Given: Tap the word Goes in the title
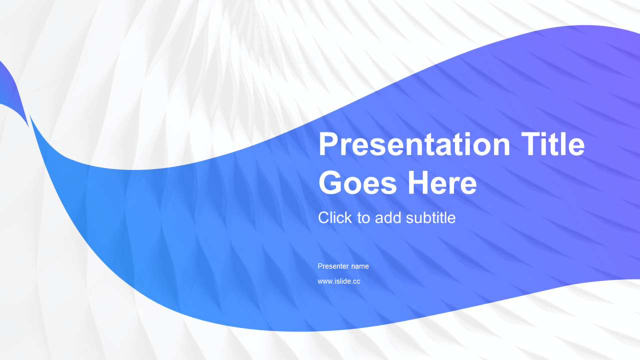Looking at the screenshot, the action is (x=357, y=183).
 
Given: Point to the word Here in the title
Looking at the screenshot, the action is (x=442, y=183).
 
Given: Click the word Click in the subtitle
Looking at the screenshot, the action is (x=335, y=217).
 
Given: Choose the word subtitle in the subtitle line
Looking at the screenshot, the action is (x=430, y=217).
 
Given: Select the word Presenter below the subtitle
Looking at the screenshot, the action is (x=332, y=266).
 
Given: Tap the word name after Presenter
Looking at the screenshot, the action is (x=360, y=267).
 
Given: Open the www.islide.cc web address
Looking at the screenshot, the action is (x=339, y=281).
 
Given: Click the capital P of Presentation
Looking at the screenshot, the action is (x=329, y=144).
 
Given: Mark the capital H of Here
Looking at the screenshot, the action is (x=419, y=183).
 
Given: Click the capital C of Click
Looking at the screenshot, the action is (x=324, y=217).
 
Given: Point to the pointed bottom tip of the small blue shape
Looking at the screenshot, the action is (x=28, y=127).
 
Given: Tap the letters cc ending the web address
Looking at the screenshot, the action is (x=356, y=282).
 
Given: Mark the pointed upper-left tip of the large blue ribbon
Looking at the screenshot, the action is (x=29, y=115).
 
